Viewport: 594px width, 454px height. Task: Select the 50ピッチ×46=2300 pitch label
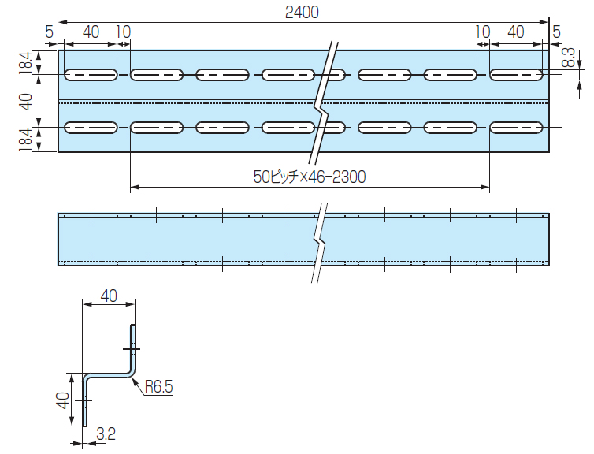coord(309,178)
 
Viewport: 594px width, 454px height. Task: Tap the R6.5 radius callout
coord(158,386)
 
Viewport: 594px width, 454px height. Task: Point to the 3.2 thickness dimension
coord(106,433)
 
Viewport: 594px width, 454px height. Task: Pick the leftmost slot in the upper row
coord(91,75)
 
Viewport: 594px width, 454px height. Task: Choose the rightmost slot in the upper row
coord(517,75)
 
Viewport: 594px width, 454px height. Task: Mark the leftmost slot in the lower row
coord(91,128)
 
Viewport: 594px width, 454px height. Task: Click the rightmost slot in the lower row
coord(517,128)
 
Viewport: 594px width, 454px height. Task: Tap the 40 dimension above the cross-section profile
coord(109,296)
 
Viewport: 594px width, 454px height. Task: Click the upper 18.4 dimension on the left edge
coord(25,62)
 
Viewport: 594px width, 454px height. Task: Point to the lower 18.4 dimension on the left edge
coord(25,140)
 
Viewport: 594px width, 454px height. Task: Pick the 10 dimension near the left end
coord(123,32)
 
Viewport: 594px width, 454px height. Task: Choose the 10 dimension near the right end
coord(483,32)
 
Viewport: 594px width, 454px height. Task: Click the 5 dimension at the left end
coord(50,32)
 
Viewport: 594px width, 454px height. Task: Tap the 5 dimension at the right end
coord(556,32)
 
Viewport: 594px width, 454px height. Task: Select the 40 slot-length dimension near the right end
coord(516,32)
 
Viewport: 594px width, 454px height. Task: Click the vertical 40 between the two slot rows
coord(25,102)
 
